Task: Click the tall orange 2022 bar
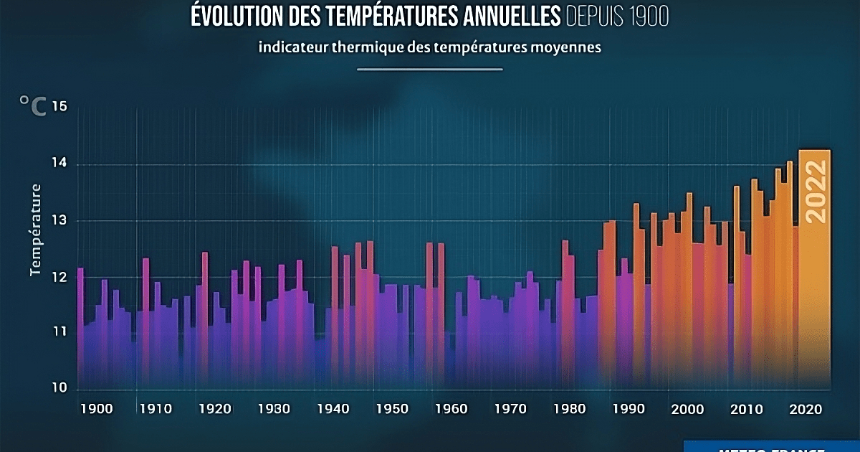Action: (814, 301)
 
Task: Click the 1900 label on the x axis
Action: (97, 410)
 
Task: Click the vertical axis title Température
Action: (35, 230)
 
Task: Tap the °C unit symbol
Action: (32, 107)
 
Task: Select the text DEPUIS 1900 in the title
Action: (617, 16)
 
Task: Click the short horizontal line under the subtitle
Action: (429, 70)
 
